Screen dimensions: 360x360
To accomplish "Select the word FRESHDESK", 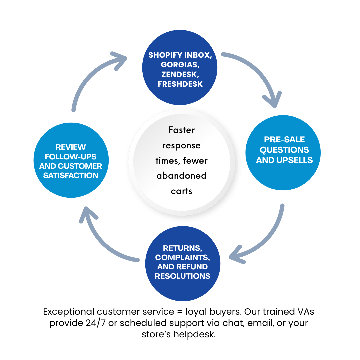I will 180,84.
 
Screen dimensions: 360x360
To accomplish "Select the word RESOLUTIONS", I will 182,276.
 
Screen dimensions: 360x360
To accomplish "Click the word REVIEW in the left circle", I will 71,147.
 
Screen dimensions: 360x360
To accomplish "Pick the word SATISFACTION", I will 71,175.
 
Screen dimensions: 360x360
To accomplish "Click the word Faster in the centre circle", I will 182,130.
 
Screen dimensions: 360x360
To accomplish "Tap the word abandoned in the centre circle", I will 182,175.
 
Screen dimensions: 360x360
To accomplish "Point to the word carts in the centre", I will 182,191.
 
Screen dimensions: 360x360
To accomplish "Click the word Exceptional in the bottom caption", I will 69,312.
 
